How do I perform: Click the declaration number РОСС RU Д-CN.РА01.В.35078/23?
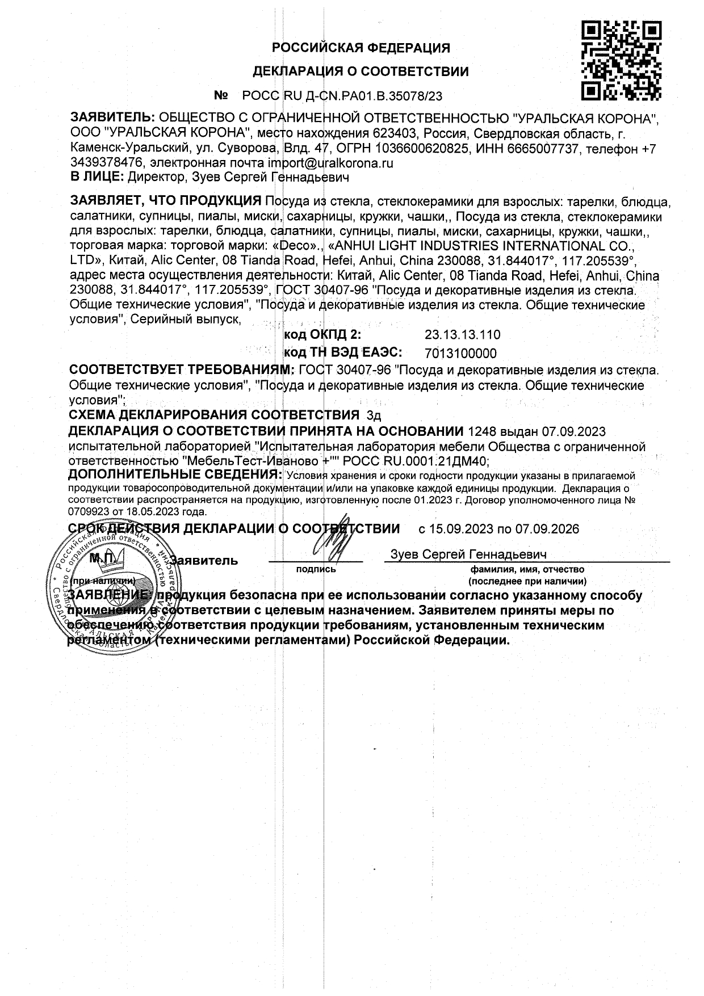click(342, 96)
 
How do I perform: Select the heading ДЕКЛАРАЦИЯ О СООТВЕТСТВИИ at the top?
click(361, 72)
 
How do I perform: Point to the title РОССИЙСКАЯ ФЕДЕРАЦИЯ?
click(361, 48)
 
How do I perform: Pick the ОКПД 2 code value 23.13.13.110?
click(462, 334)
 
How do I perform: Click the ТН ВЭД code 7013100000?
click(460, 354)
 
